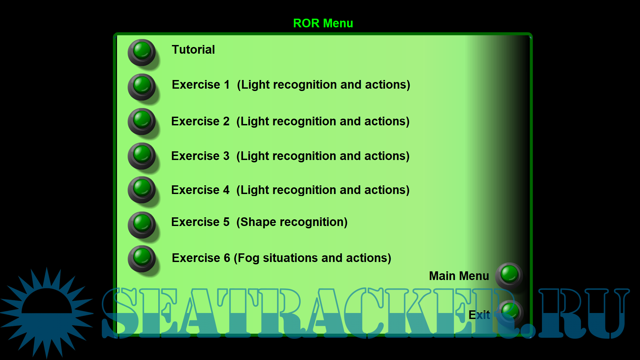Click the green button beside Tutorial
(x=142, y=52)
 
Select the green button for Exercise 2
(x=142, y=121)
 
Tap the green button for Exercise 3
(x=142, y=156)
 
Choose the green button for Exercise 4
(x=142, y=190)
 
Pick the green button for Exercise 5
(x=142, y=225)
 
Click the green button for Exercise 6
(x=142, y=259)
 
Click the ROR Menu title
(x=323, y=23)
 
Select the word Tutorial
(x=193, y=50)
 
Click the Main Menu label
(x=459, y=276)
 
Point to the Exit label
(x=479, y=315)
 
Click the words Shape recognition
(x=292, y=222)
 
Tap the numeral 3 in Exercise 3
(x=226, y=156)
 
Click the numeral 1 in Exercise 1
(x=227, y=85)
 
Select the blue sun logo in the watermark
(x=47, y=313)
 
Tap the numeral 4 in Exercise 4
(x=226, y=190)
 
